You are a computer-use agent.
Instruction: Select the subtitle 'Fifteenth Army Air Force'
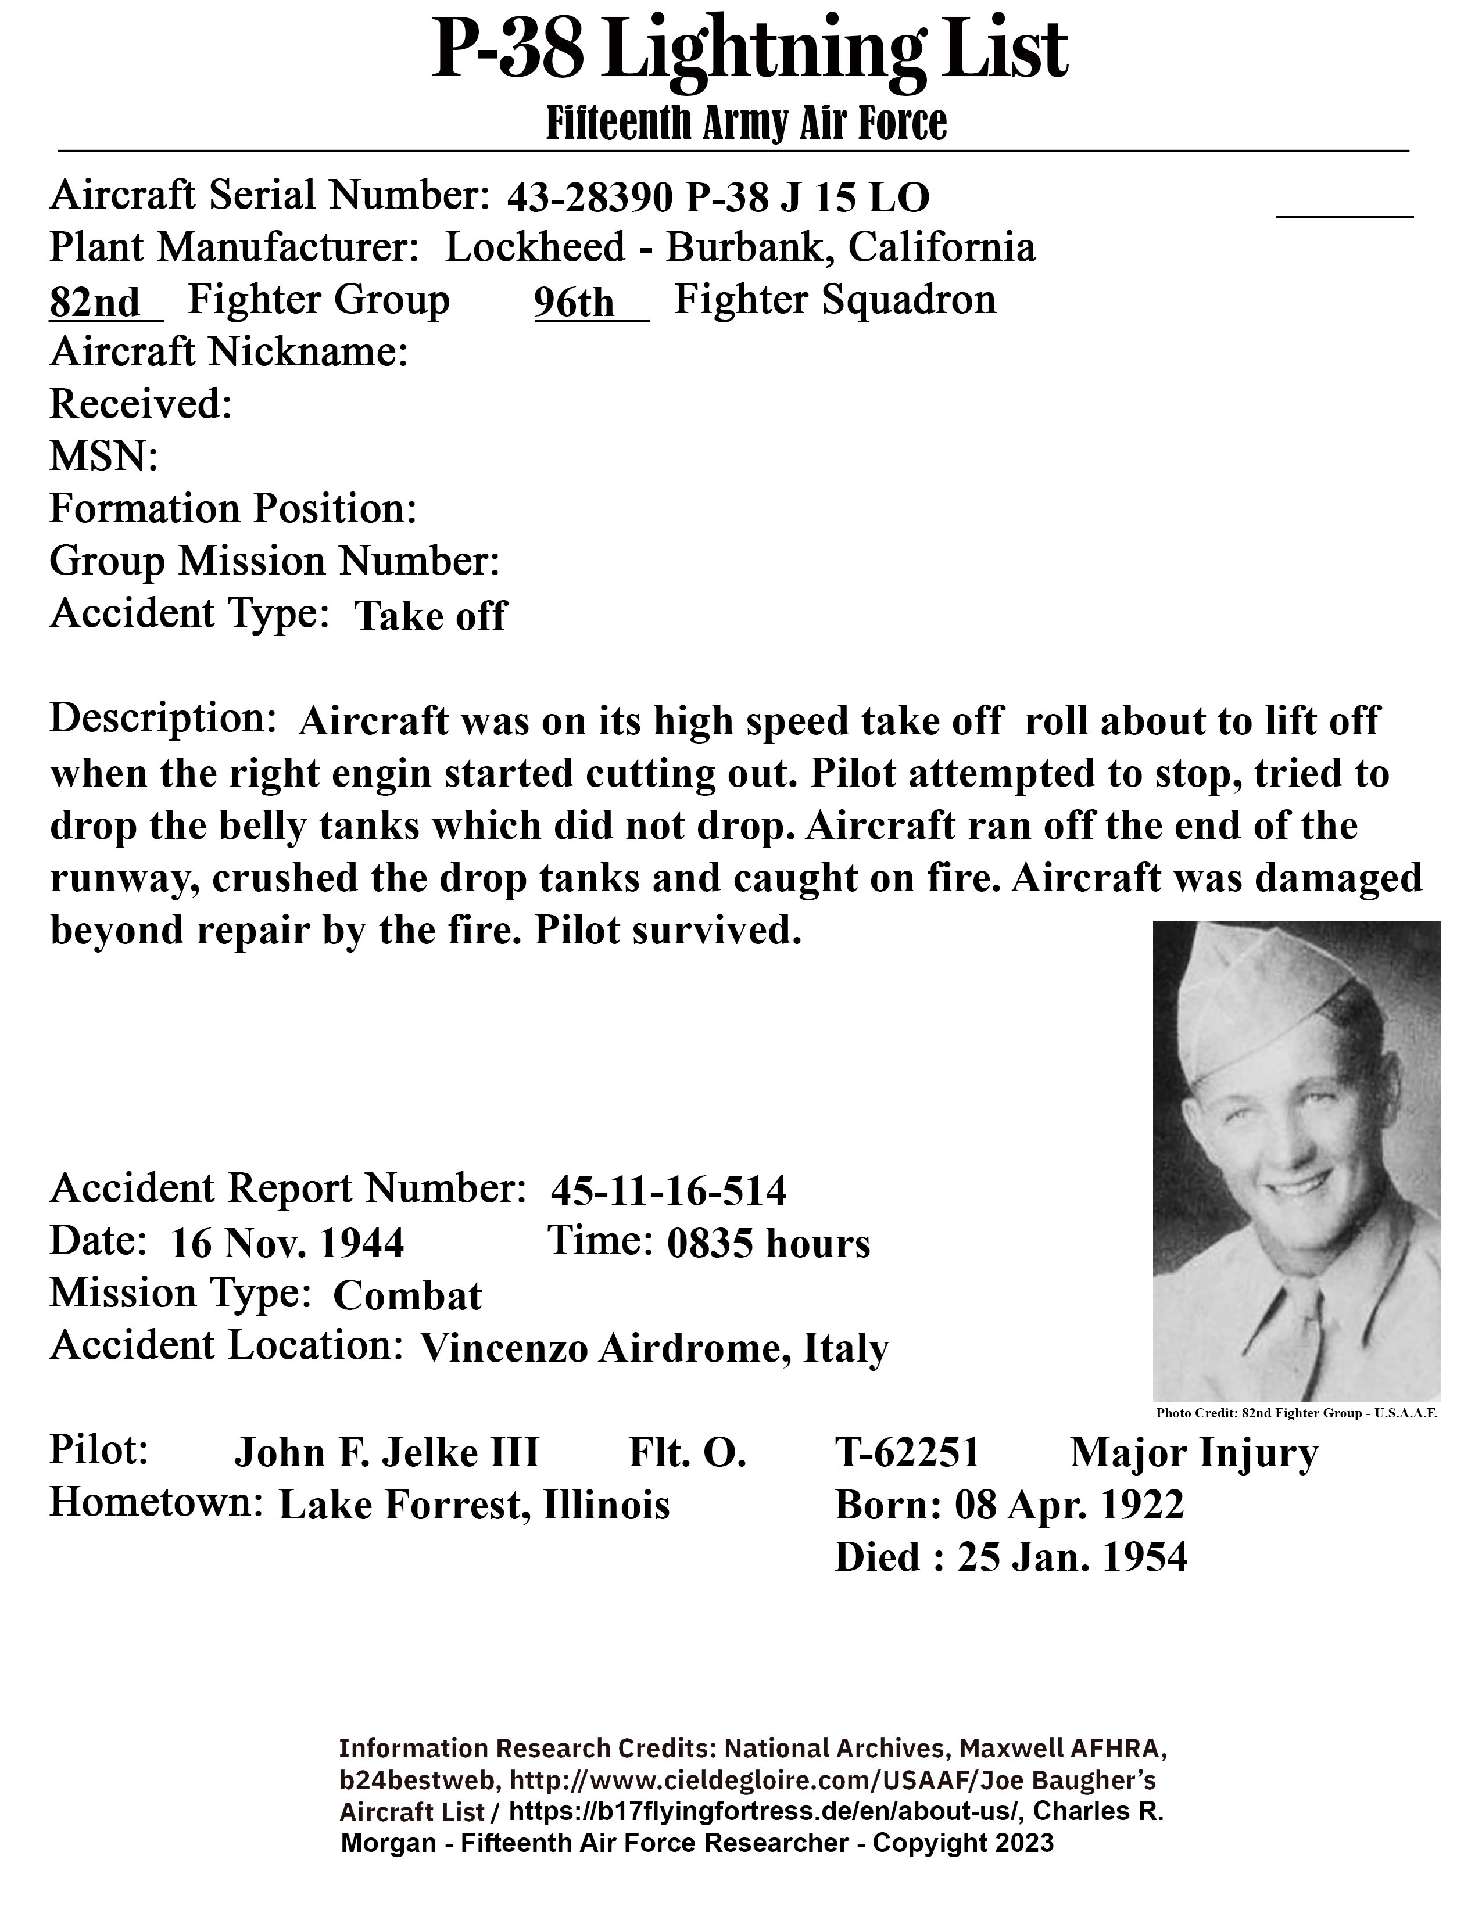[x=746, y=124]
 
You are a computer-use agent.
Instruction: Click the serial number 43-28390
[x=590, y=199]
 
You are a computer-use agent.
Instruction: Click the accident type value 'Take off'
[x=430, y=616]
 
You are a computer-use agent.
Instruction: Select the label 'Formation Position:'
[x=232, y=509]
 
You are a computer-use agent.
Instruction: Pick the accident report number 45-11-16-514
[x=668, y=1191]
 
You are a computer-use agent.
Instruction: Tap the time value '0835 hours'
[x=768, y=1244]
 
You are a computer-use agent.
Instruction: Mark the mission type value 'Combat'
[x=407, y=1297]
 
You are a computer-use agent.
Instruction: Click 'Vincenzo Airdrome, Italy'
[x=654, y=1348]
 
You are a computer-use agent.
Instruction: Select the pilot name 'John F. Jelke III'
[x=386, y=1453]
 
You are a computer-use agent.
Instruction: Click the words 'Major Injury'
[x=1194, y=1453]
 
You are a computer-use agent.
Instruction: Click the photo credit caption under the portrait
[x=1296, y=1413]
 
